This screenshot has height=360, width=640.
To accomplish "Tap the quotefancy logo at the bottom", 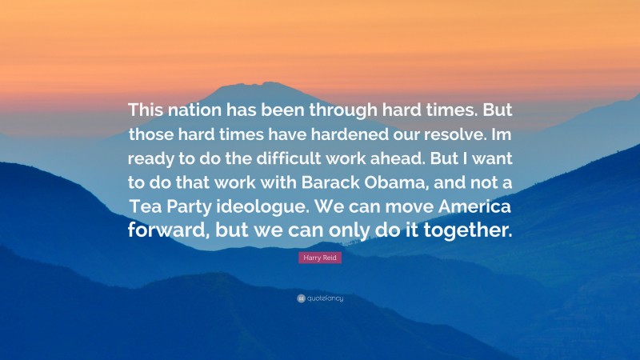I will pos(320,299).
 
